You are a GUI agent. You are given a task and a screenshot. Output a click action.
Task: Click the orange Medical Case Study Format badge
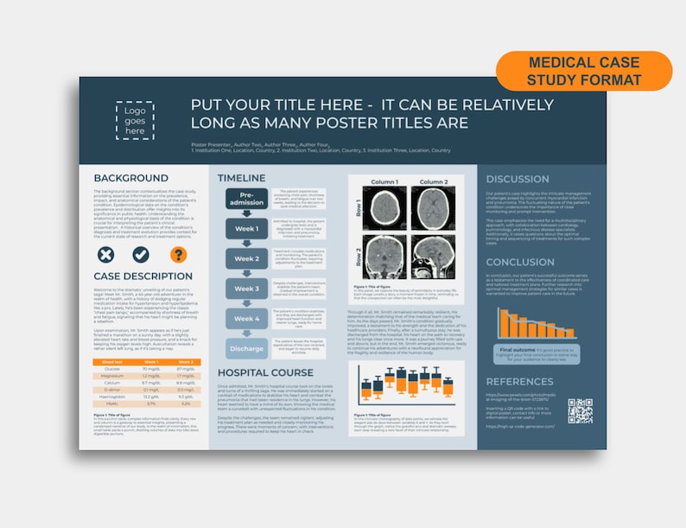coord(584,71)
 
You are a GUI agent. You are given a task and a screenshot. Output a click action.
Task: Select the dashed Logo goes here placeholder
coord(135,120)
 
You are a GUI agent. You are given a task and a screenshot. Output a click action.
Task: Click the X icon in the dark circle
coord(105,254)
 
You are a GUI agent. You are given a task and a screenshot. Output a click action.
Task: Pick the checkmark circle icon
coord(141,254)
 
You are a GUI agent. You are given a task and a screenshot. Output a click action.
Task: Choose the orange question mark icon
coord(178,254)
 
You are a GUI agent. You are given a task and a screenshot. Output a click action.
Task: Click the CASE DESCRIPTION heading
coord(143,277)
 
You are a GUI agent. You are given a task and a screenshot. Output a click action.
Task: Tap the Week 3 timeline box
coord(246,289)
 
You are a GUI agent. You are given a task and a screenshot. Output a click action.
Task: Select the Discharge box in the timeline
coord(246,348)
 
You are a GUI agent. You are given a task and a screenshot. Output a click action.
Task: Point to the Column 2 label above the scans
coord(434,183)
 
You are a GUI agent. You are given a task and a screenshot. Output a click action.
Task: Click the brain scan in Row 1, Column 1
coord(384,210)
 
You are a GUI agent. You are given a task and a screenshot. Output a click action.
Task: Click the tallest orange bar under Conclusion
coord(502,322)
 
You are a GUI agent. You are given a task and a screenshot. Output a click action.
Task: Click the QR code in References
coord(580,410)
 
